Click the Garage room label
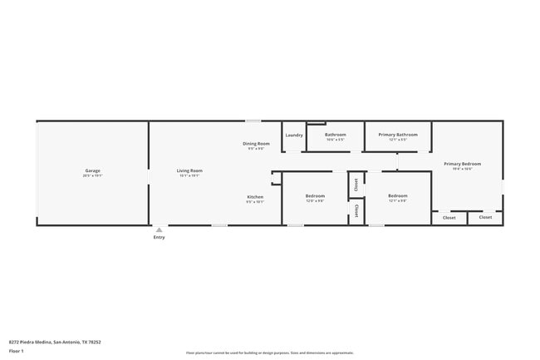click(92, 170)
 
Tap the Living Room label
click(189, 170)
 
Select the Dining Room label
click(256, 144)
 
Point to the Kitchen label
click(255, 197)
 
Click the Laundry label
click(294, 135)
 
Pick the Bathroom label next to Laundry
click(336, 135)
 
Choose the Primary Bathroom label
click(398, 135)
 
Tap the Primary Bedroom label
click(462, 164)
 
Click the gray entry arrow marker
click(159, 229)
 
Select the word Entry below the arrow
click(159, 238)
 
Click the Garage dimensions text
click(92, 175)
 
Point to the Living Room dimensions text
click(189, 175)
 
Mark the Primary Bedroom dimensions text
click(462, 169)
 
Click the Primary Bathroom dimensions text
click(398, 140)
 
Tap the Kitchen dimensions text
click(255, 202)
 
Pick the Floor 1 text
click(17, 351)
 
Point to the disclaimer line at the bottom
click(270, 353)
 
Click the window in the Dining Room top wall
click(253, 121)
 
